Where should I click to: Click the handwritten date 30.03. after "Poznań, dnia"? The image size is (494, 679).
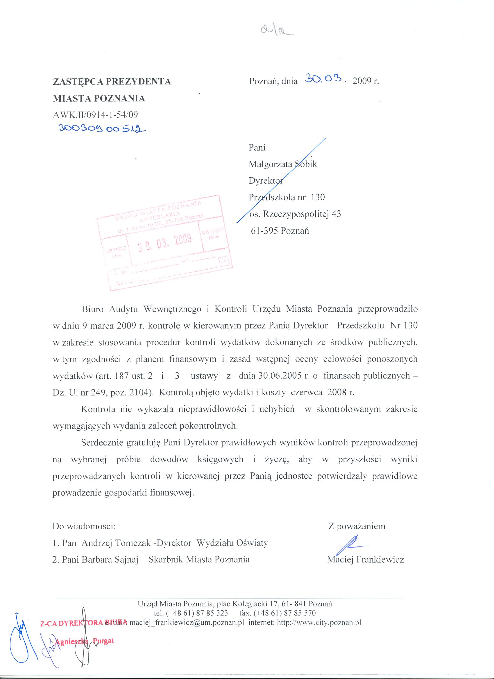pos(325,79)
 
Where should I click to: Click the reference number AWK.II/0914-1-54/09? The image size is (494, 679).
pos(96,115)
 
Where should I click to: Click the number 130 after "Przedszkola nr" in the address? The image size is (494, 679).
pos(318,197)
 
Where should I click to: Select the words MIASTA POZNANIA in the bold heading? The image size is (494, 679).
pos(99,98)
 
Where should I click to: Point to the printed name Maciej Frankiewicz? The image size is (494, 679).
pos(365,559)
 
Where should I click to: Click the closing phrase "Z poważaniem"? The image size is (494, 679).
pos(357,526)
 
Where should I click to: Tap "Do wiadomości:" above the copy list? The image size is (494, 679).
pos(84,526)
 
